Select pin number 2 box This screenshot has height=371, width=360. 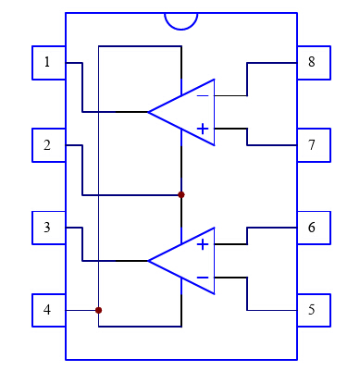click(48, 145)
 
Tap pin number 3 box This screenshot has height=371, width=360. click(48, 227)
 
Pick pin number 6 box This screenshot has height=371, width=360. click(313, 227)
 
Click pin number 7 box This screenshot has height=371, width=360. click(313, 145)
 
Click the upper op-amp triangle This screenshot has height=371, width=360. click(190, 112)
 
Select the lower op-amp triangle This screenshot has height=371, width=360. click(190, 261)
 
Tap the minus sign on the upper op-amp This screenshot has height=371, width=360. click(203, 94)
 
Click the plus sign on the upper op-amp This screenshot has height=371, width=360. click(203, 129)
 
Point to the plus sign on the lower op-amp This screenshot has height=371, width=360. click(203, 244)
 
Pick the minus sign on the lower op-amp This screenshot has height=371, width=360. click(203, 278)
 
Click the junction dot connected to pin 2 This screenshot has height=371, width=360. click(181, 194)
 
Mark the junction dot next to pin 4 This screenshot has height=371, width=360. click(98, 310)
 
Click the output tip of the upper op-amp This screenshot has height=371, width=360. click(150, 112)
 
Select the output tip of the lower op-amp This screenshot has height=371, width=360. click(150, 261)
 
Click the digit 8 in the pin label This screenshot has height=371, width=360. click(313, 62)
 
